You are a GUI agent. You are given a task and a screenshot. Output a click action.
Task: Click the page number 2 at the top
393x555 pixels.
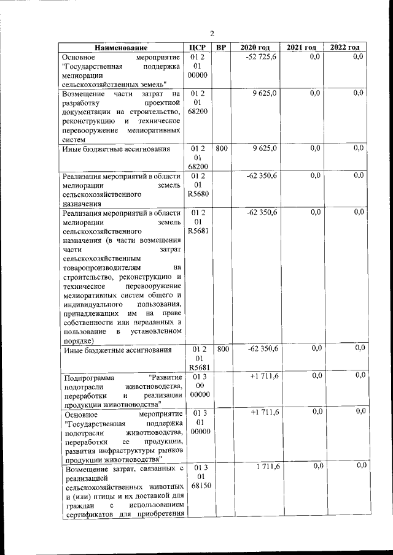211,34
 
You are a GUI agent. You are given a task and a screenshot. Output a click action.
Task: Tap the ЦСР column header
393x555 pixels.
198,48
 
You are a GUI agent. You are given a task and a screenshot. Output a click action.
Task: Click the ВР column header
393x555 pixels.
222,48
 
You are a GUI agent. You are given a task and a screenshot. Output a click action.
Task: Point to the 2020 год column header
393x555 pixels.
255,48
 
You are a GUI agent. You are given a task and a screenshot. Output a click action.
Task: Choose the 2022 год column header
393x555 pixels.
345,48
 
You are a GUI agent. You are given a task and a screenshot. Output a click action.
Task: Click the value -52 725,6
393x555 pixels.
262,57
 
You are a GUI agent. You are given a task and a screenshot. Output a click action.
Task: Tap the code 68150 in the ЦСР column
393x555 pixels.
198,486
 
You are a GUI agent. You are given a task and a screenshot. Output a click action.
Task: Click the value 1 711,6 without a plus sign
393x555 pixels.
265,467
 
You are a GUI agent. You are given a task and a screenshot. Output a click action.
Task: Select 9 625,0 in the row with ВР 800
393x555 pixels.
265,148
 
